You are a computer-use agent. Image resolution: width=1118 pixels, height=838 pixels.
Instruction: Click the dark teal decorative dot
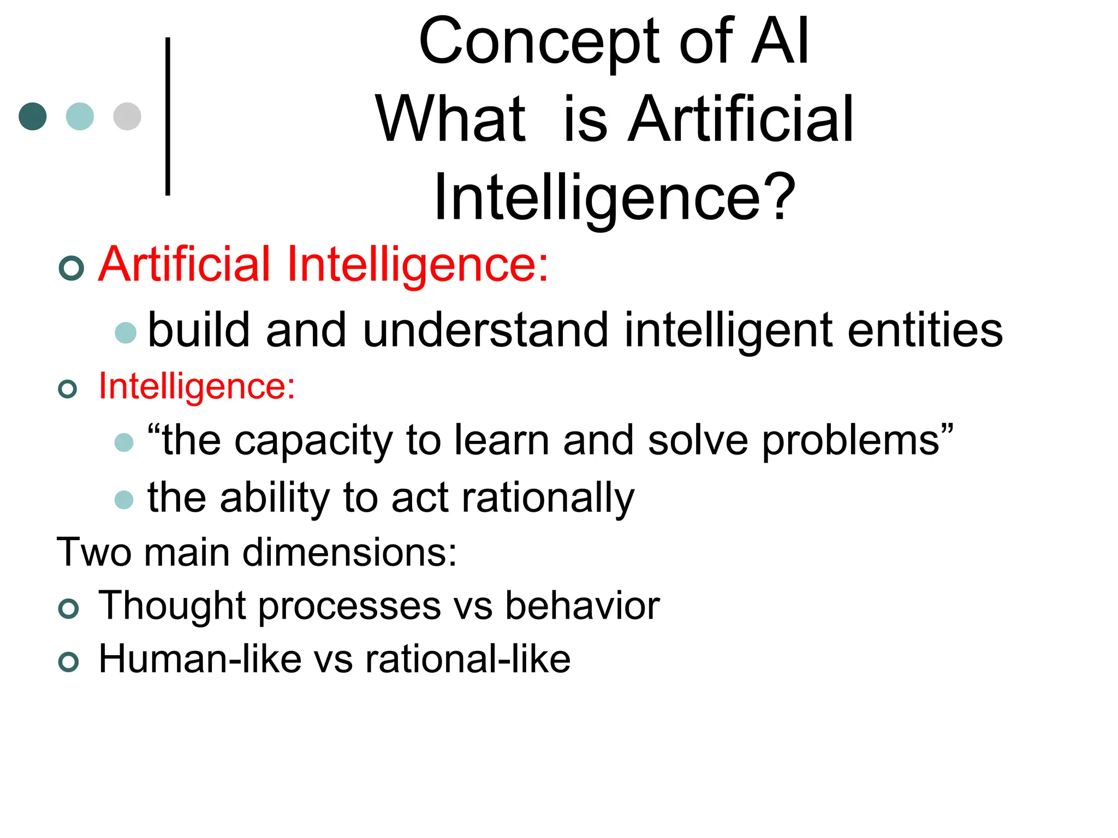click(33, 116)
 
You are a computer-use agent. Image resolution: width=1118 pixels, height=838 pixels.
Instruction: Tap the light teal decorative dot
click(80, 116)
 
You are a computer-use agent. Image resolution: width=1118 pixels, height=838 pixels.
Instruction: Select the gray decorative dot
click(127, 116)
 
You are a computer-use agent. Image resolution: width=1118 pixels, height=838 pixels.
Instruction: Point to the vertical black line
click(168, 116)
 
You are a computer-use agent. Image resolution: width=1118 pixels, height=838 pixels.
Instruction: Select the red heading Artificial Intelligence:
click(323, 265)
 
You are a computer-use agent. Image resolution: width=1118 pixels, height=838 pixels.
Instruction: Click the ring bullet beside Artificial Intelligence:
click(71, 268)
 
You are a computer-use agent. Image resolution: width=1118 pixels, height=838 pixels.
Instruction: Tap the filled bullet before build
click(126, 333)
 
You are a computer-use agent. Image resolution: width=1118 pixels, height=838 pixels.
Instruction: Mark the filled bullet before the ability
click(124, 500)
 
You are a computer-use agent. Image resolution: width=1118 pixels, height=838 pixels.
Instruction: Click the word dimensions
click(349, 552)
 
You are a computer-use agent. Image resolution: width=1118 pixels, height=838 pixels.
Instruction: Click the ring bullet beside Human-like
click(68, 662)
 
